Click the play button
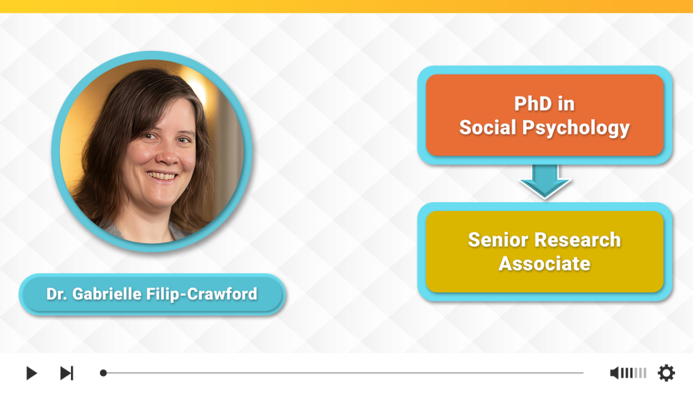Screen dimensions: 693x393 [x=32, y=373]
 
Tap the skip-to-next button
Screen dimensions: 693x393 [x=66, y=373]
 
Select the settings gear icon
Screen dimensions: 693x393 [x=666, y=373]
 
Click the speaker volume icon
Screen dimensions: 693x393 [x=614, y=373]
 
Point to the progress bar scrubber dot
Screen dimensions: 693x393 [x=103, y=373]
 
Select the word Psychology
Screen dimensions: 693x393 [x=576, y=128]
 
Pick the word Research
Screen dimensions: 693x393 [x=577, y=240]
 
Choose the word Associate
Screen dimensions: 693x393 [x=545, y=264]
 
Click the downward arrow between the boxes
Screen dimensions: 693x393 [x=545, y=181]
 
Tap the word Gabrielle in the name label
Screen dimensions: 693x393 [x=107, y=294]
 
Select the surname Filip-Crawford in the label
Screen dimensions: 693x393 [x=202, y=294]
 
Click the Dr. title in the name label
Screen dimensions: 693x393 [x=57, y=294]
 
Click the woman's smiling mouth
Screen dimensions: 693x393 [x=162, y=176]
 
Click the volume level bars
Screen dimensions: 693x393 [x=634, y=373]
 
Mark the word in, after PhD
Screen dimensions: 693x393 [x=566, y=104]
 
